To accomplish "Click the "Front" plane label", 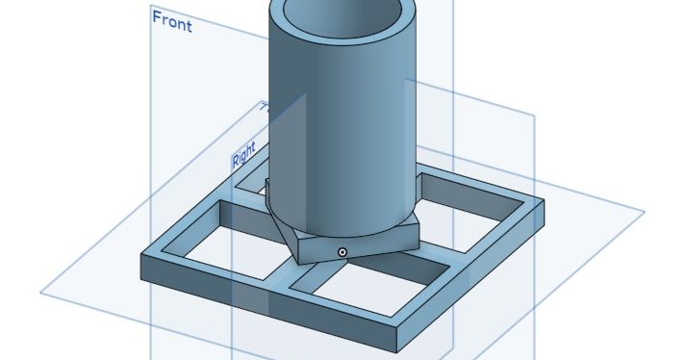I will tap(172, 21).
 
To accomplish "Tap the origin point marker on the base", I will tap(342, 251).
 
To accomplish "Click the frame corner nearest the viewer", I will tap(398, 334).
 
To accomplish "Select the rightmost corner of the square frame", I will tap(543, 205).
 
